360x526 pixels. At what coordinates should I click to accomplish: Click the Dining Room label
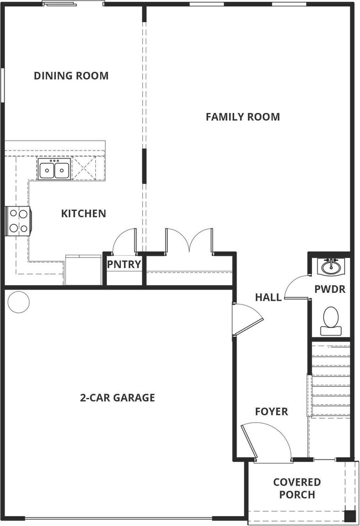tap(71, 75)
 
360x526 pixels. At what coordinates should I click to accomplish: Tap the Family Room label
tap(243, 117)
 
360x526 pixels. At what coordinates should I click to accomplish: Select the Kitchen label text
tap(84, 213)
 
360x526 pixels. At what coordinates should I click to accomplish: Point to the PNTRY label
tap(124, 264)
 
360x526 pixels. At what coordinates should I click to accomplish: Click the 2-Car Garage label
tap(117, 398)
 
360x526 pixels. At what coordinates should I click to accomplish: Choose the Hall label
tap(268, 297)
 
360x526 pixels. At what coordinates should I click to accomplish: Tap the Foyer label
tap(271, 411)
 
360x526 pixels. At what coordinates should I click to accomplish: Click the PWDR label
tap(330, 289)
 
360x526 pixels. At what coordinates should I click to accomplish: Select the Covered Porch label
tap(297, 488)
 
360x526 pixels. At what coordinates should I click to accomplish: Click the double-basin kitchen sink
tap(54, 169)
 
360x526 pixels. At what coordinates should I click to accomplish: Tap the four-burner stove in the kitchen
tap(19, 221)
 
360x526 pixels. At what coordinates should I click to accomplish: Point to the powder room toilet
tap(331, 321)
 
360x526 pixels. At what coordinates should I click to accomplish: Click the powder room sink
tap(331, 267)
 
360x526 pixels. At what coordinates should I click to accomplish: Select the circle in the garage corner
tap(18, 302)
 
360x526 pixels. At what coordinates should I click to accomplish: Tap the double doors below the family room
tap(189, 240)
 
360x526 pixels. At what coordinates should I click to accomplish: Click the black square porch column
tap(350, 515)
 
